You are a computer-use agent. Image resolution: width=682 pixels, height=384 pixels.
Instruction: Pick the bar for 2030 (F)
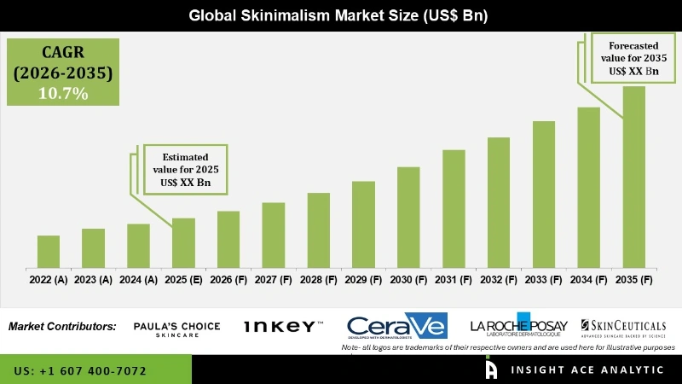point(408,217)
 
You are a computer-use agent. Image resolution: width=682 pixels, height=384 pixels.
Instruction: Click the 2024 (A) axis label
point(138,279)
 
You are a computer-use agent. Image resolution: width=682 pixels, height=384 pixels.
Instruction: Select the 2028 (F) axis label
point(318,279)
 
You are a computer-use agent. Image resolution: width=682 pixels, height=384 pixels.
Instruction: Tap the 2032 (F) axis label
point(499,279)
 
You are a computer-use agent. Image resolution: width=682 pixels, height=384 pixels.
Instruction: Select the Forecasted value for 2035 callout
point(633,59)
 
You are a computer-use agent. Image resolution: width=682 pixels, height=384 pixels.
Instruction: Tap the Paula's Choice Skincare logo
point(177,329)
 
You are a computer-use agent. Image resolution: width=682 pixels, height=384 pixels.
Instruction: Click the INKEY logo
point(283,327)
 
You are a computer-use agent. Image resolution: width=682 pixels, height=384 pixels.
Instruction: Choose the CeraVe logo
point(397,327)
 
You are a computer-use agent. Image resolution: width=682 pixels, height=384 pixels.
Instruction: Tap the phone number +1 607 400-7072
point(80,371)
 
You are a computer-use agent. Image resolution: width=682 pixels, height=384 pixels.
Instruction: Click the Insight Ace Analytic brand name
point(588,369)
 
